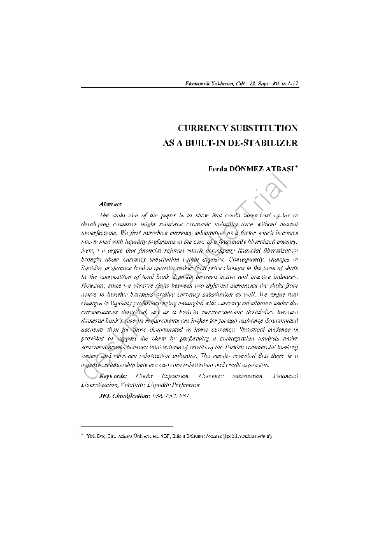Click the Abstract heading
point(111,204)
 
